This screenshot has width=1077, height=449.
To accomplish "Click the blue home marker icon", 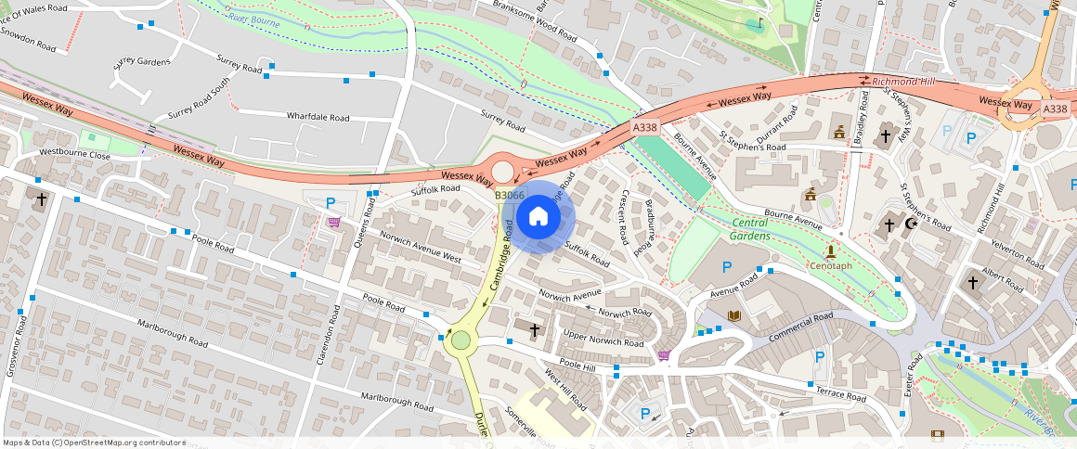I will pyautogui.click(x=538, y=217).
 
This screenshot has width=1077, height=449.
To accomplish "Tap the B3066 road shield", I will pyautogui.click(x=510, y=195).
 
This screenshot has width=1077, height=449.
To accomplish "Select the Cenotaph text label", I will pyautogui.click(x=830, y=265).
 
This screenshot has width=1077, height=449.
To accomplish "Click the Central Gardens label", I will pyautogui.click(x=750, y=229).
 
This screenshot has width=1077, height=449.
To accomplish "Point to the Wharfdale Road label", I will pyautogui.click(x=318, y=118).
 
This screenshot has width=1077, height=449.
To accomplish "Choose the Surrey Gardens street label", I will pyautogui.click(x=142, y=62).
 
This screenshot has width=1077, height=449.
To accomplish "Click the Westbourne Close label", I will pyautogui.click(x=74, y=154).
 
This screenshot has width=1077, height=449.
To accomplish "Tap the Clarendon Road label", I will pyautogui.click(x=326, y=333).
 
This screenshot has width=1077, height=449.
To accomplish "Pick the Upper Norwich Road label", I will pyautogui.click(x=603, y=342).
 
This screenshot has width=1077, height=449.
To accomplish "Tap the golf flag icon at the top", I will pyautogui.click(x=759, y=23).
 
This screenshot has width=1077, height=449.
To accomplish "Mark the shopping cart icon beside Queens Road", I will pyautogui.click(x=333, y=222).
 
